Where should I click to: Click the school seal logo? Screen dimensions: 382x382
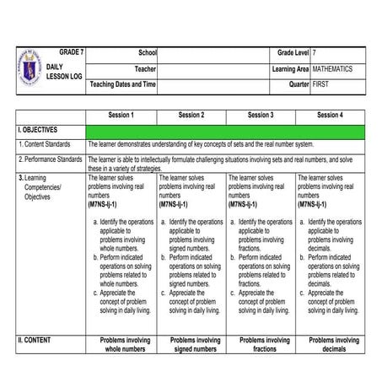pos(29,70)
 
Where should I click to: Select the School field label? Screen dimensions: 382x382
pos(148,53)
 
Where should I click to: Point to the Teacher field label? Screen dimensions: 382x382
pos(145,69)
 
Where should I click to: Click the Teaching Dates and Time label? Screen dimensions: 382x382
pos(123,84)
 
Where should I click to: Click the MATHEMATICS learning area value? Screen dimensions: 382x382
pos(332,69)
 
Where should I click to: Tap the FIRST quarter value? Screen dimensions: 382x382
pos(321,84)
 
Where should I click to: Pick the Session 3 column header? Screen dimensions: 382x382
pos(260,115)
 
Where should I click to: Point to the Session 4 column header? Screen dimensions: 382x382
pos(330,115)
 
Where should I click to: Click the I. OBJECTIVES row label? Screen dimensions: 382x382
pos(38,131)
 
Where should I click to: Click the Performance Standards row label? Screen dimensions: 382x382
pos(50,159)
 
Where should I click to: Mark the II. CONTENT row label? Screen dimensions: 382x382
pos(35,341)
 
